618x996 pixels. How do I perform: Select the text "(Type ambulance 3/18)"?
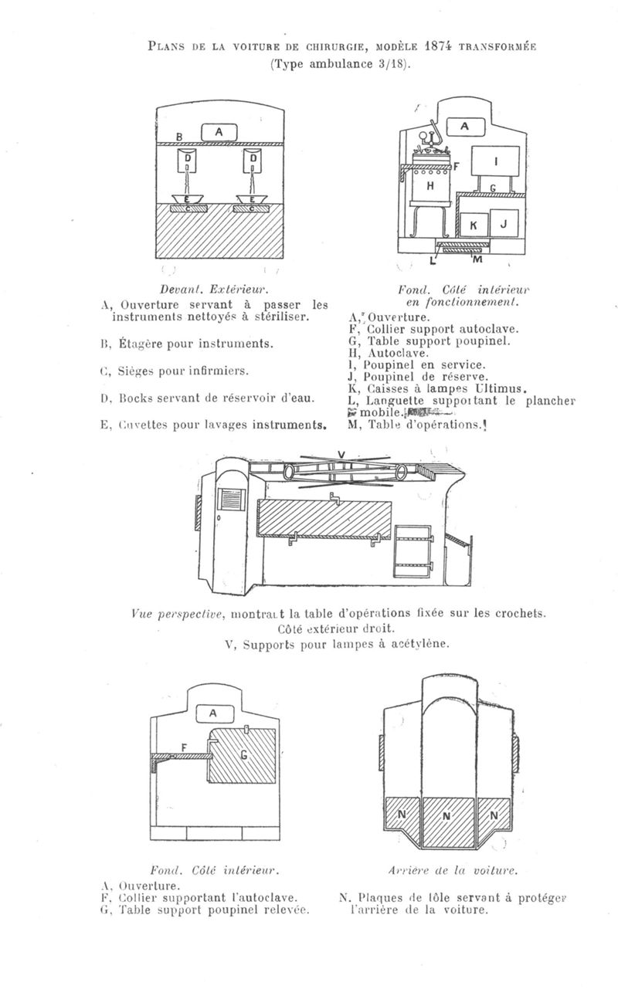coord(340,64)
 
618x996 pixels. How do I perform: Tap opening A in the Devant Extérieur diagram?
coord(219,133)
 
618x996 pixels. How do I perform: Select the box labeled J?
coord(502,224)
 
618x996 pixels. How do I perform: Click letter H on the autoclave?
coord(431,186)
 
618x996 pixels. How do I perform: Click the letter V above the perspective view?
coord(341,453)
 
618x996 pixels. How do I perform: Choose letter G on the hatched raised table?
coord(245,754)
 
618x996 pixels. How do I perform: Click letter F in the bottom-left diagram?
coord(183,747)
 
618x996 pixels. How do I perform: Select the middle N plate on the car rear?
coord(449,816)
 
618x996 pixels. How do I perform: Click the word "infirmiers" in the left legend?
coord(213,371)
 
